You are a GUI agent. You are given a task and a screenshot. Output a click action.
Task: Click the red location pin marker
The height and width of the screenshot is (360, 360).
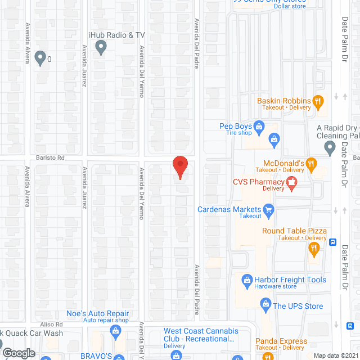pos(179,167)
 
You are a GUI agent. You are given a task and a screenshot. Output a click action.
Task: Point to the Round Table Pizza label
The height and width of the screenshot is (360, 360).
pos(294,231)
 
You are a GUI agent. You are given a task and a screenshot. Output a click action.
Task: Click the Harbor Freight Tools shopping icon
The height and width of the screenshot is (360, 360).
pos(246,280)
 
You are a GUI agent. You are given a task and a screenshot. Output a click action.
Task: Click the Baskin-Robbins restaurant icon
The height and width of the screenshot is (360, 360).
pos(318,101)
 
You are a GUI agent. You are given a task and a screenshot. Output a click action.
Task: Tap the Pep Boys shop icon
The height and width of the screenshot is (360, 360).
pos(259,127)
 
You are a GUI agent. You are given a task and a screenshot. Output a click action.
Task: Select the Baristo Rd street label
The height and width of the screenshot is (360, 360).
pos(51,158)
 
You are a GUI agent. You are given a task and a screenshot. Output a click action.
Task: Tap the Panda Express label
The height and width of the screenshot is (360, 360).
pos(281,341)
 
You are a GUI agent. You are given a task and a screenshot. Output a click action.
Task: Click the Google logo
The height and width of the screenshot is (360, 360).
pos(19,353)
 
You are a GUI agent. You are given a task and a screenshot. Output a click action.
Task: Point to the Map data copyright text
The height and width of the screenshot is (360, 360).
pos(335,355)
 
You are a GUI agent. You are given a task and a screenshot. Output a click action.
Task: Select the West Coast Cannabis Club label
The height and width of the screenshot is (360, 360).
pos(201,335)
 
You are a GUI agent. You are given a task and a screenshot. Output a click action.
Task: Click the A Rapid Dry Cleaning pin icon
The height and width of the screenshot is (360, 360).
pos(330,148)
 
